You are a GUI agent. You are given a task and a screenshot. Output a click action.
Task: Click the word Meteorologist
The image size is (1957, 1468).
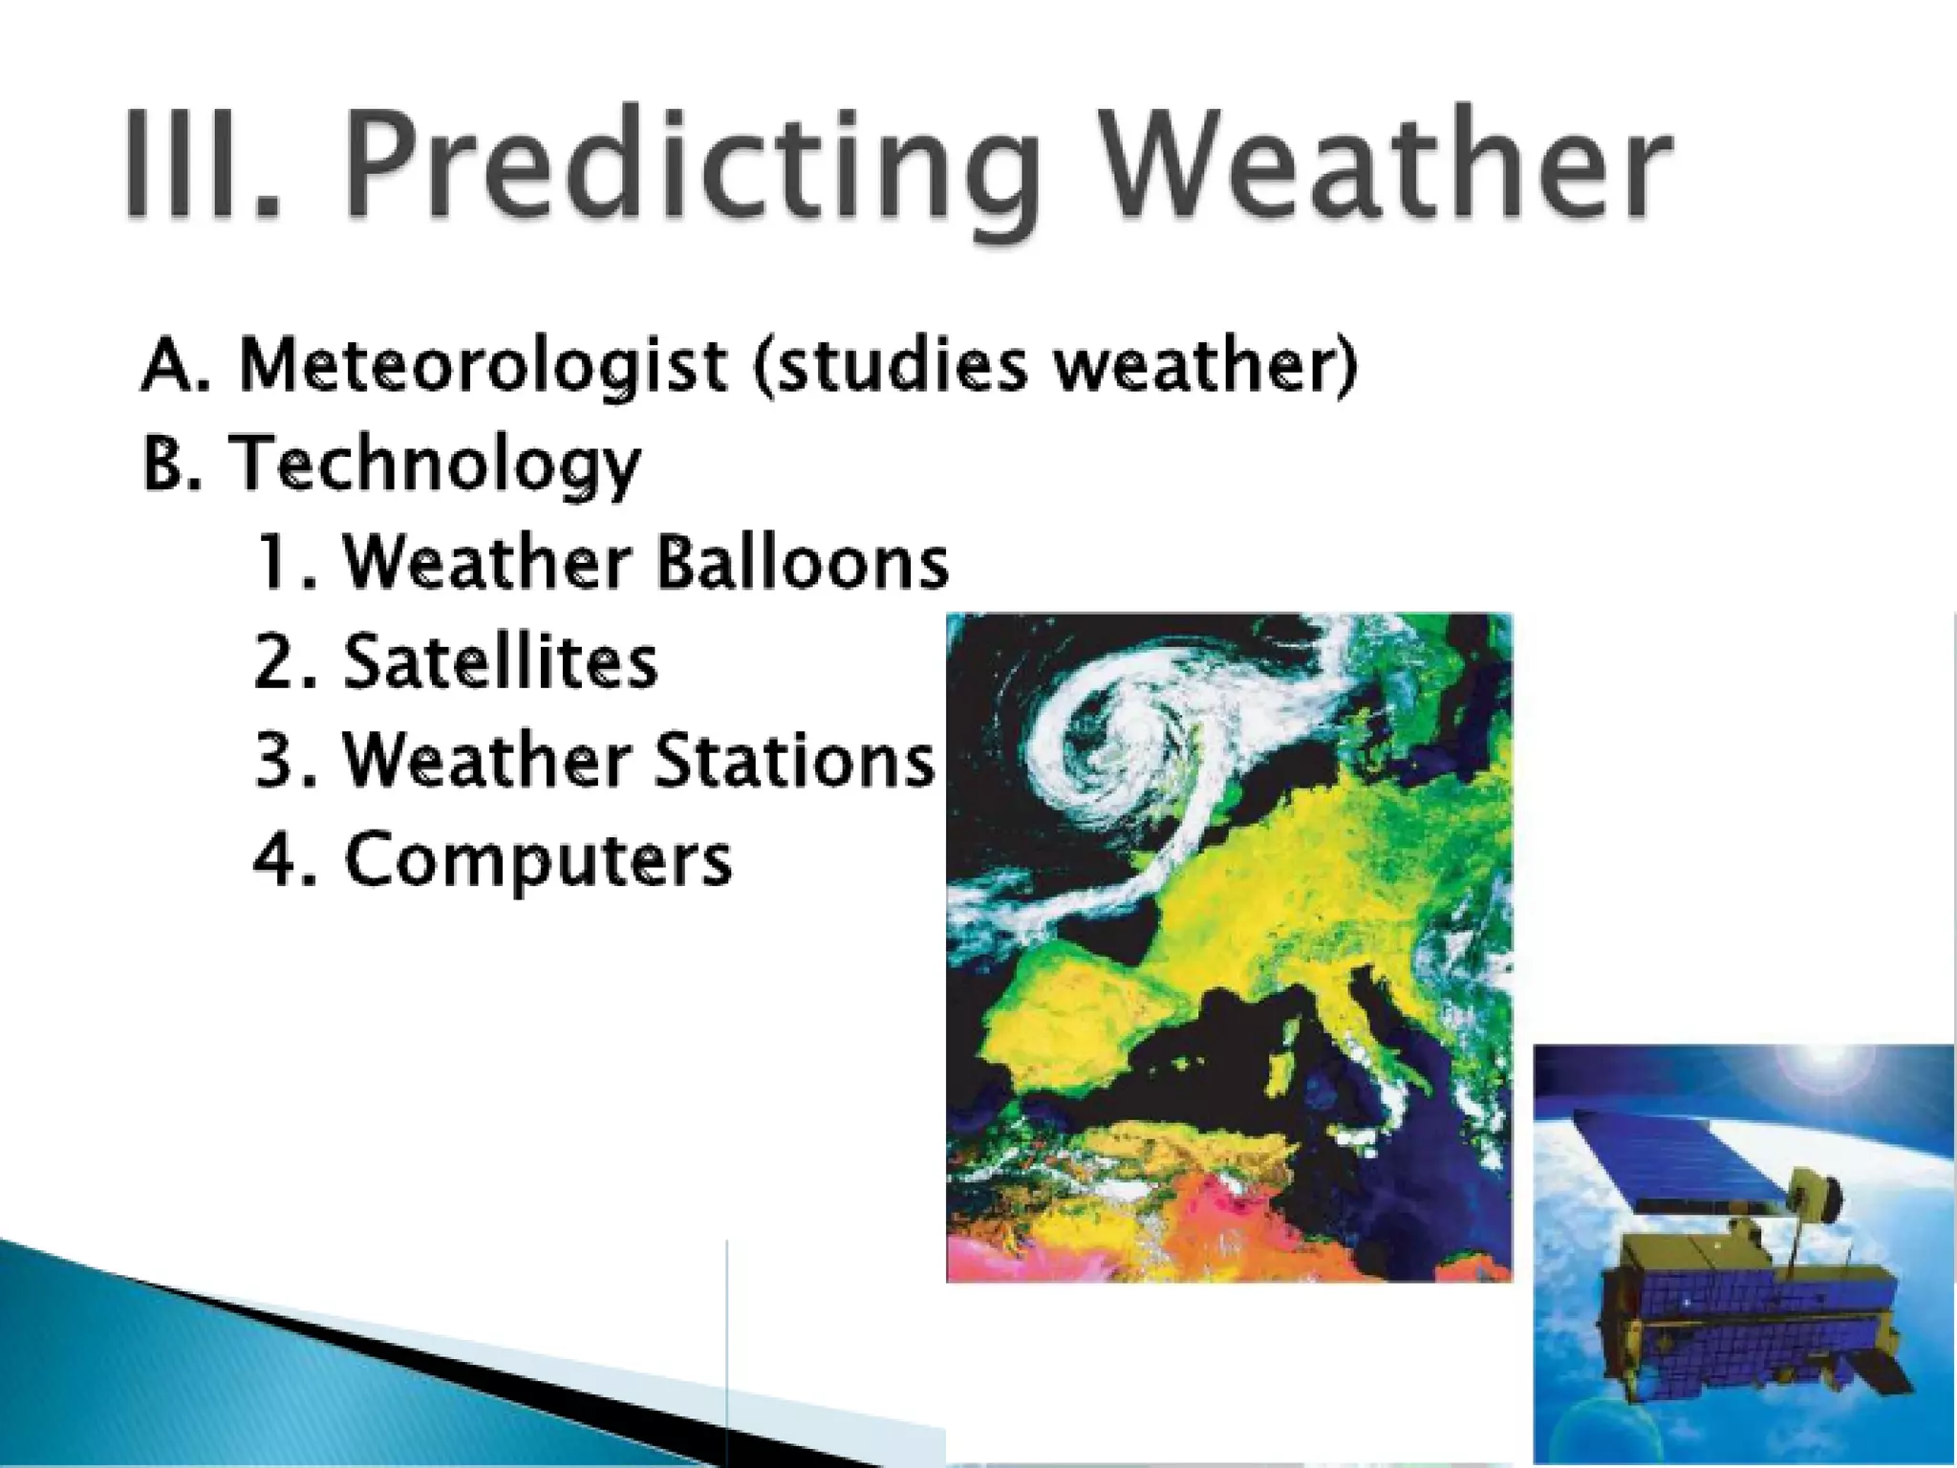click(483, 366)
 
